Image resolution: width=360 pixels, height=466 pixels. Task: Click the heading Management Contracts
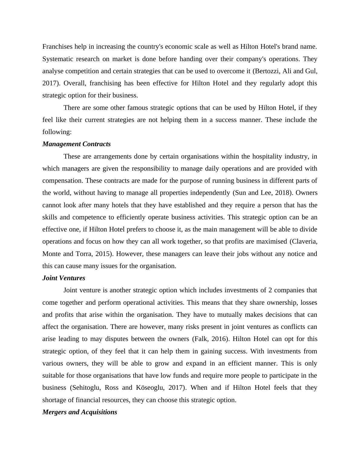coord(77,144)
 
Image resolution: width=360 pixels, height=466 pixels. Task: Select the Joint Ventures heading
coord(64,278)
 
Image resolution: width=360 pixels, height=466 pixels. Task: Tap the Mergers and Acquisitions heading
coord(80,412)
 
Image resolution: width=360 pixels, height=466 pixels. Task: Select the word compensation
coord(63,181)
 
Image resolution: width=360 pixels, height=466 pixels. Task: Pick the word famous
coord(137,108)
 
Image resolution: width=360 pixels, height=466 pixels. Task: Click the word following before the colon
coord(56,132)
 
